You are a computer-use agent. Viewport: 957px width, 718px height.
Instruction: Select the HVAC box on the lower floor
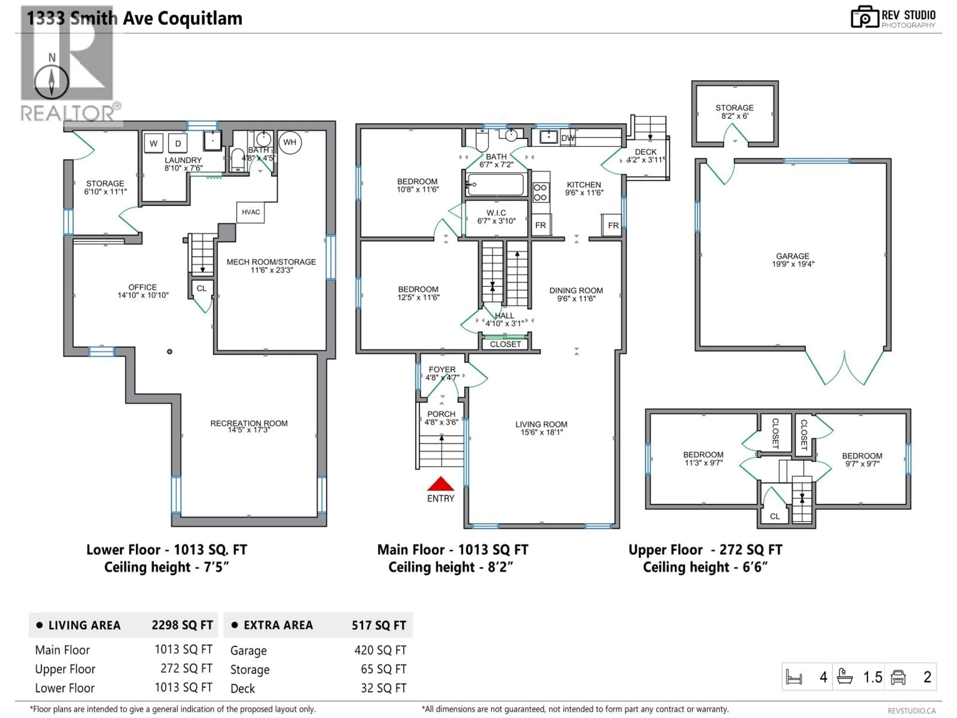pyautogui.click(x=250, y=212)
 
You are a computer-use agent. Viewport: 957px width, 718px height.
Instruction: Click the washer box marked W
pyautogui.click(x=154, y=143)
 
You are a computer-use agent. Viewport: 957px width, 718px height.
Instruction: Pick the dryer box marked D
pyautogui.click(x=178, y=143)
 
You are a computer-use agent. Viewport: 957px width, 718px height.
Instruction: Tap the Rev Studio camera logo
pyautogui.click(x=864, y=17)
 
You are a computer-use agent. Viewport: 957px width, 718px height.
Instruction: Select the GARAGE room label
pyautogui.click(x=792, y=256)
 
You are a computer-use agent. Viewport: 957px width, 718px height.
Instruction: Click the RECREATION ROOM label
pyautogui.click(x=249, y=423)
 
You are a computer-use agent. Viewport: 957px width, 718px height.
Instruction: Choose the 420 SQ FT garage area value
pyautogui.click(x=380, y=650)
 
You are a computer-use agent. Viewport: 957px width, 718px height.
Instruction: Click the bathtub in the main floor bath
pyautogui.click(x=496, y=185)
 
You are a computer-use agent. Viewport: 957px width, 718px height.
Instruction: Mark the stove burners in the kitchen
pyautogui.click(x=540, y=192)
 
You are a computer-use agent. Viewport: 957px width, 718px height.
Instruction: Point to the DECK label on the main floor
pyautogui.click(x=645, y=152)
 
